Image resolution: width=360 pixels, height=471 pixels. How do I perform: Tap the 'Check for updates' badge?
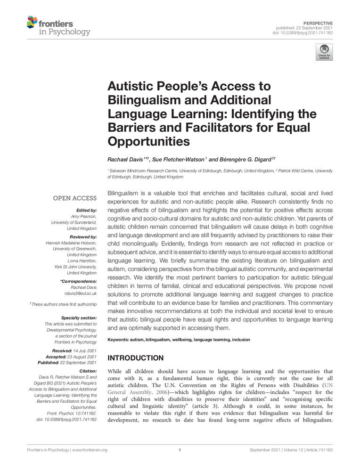click(324, 52)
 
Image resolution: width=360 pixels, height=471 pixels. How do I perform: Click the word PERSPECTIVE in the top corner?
click(319, 23)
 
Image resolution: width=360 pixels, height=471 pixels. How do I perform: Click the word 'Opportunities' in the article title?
click(148, 141)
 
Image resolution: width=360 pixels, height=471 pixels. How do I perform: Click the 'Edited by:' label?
click(86, 210)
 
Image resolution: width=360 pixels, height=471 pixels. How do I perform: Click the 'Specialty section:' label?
click(79, 318)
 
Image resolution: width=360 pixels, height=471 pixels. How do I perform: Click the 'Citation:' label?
click(86, 371)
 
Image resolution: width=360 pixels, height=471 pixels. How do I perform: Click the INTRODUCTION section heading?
click(136, 358)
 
